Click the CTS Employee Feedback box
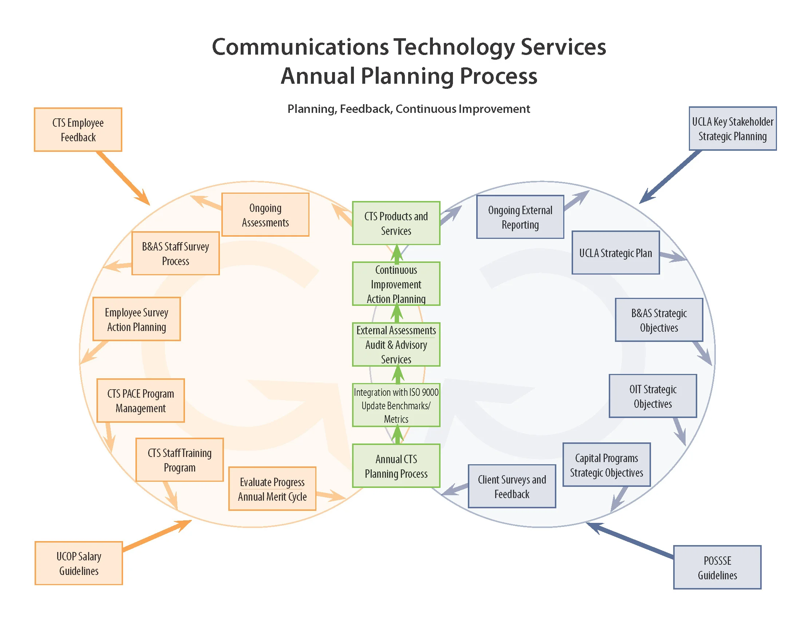(78, 130)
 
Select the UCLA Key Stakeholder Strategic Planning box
(733, 129)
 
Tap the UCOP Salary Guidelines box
(79, 563)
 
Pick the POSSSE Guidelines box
(717, 567)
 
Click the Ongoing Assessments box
(265, 215)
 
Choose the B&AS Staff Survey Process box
(175, 253)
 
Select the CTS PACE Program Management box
(141, 401)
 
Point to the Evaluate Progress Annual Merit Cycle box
(272, 489)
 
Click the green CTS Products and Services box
(396, 223)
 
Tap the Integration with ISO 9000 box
(396, 405)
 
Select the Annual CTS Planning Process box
(396, 466)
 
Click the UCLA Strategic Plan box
(615, 253)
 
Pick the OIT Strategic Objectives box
(653, 396)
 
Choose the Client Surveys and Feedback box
(512, 486)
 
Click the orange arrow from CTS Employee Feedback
(123, 178)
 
